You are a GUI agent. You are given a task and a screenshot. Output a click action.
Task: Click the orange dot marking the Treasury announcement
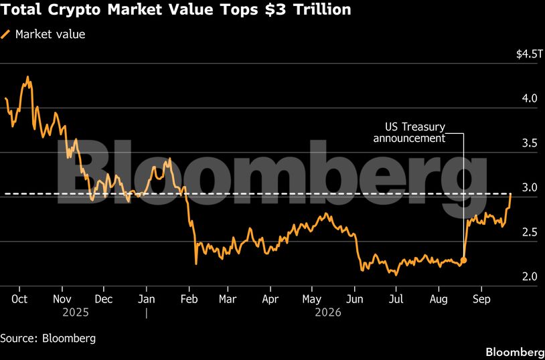tap(463, 260)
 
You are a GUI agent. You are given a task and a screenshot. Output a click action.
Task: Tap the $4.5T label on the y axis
tap(529, 54)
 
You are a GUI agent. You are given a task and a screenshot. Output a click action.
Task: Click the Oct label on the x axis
tap(19, 299)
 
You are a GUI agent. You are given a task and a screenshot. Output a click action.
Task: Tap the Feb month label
tap(189, 299)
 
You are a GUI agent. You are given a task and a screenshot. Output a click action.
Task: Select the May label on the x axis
tap(312, 299)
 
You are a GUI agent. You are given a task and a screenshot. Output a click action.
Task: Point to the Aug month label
tap(439, 299)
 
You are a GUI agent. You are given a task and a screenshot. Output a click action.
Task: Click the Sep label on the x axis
tap(481, 299)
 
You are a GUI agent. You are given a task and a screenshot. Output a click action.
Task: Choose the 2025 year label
tap(76, 312)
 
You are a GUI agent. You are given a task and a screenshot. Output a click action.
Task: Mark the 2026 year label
tap(328, 312)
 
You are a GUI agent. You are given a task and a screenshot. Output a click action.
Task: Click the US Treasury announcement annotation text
tap(409, 132)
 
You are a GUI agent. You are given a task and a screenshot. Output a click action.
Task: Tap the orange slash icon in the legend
tap(5, 34)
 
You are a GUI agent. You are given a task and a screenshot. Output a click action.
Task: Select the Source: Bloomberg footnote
tap(48, 338)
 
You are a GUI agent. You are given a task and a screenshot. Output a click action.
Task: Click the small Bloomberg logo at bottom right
tap(515, 352)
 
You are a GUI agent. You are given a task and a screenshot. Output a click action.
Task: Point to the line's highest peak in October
tap(28, 77)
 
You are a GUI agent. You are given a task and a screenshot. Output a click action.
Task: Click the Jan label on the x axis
tap(147, 299)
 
